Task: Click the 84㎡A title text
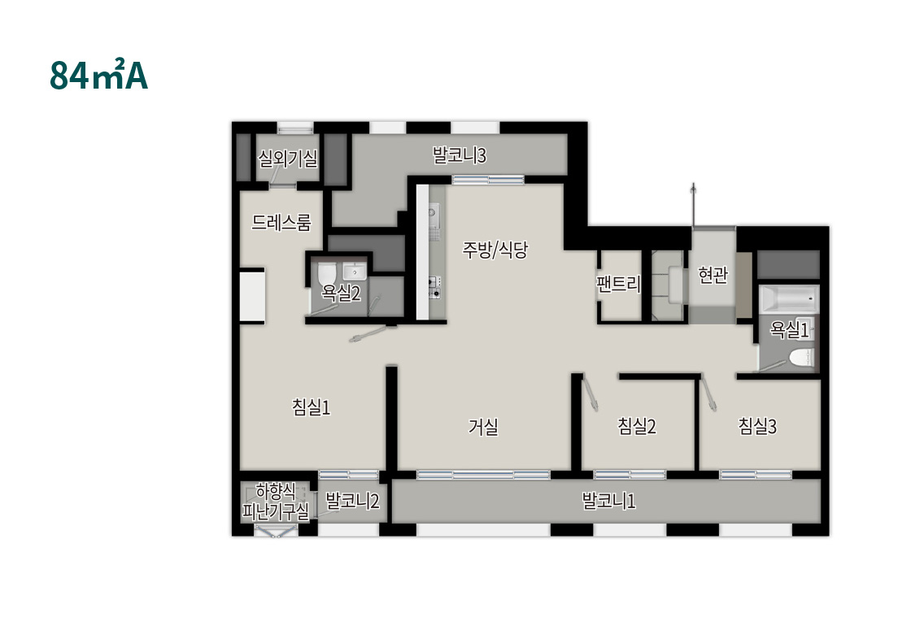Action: pos(98,74)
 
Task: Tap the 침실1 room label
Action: pos(311,406)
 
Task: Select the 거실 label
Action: pos(483,427)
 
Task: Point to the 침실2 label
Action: pos(637,426)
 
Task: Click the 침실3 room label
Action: pos(757,426)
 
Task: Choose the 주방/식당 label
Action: pos(495,249)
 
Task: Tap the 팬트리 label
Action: pos(619,284)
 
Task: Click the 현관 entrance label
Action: pos(713,274)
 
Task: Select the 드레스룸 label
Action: pos(281,222)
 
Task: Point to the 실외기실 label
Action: pos(288,158)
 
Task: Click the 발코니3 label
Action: pos(459,155)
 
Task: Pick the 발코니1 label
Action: pos(608,501)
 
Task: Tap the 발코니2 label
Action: pos(352,500)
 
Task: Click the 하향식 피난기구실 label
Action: pos(276,502)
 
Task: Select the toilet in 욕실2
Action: pos(327,273)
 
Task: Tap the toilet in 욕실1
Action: pos(802,358)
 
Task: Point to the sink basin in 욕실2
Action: pos(353,271)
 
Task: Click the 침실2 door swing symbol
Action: pos(591,393)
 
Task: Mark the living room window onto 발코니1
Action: pos(483,475)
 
